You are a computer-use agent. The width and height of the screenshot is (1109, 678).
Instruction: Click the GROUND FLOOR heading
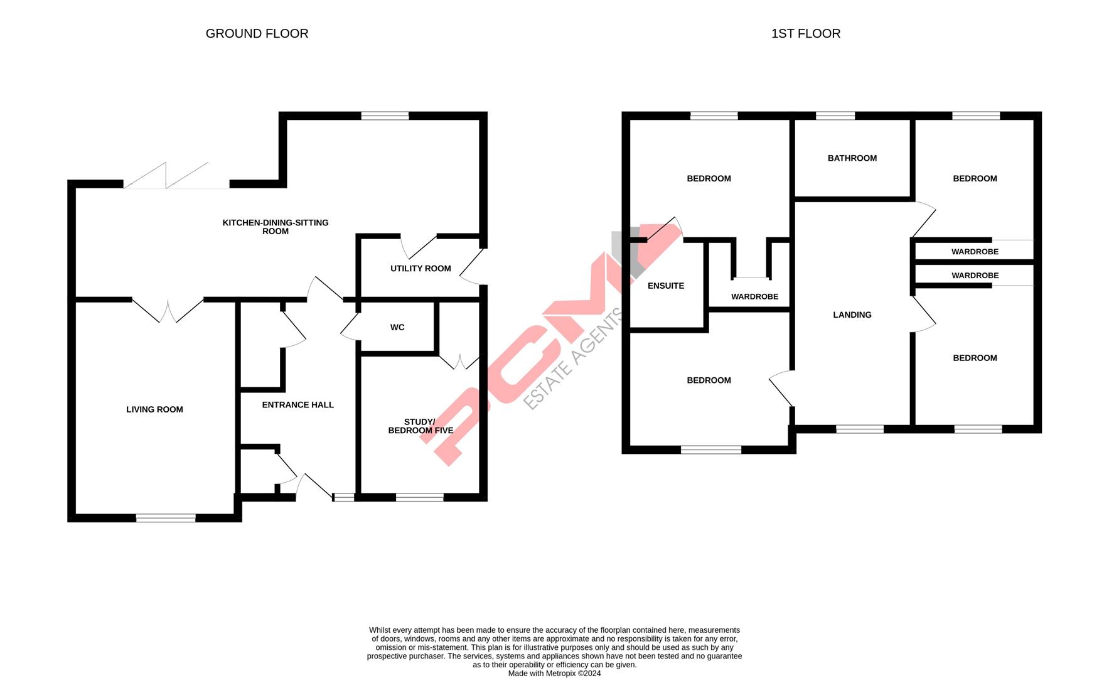[x=257, y=34]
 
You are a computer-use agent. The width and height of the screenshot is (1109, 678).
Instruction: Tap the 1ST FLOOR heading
[x=805, y=34]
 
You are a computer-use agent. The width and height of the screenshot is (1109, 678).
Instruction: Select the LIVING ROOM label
[x=154, y=409]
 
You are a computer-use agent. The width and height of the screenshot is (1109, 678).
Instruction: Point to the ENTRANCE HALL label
[x=297, y=405]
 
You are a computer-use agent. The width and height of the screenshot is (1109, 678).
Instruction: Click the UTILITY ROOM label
[x=421, y=269]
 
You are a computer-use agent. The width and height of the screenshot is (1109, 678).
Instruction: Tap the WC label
[x=397, y=328]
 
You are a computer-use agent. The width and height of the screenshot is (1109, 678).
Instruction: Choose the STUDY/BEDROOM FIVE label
[x=421, y=426]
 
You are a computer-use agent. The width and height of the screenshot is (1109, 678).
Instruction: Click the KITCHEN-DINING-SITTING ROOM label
[x=276, y=227]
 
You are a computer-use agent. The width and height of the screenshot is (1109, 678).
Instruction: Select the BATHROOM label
[x=852, y=158]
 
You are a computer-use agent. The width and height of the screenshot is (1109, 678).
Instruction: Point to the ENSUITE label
[x=666, y=286]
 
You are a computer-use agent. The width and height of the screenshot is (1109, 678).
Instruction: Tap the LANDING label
[x=852, y=315]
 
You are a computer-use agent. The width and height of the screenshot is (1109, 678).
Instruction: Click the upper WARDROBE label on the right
[x=975, y=252]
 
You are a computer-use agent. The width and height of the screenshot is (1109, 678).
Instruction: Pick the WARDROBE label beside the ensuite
[x=754, y=296]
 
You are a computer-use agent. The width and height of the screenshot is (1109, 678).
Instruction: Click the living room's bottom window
[x=166, y=518]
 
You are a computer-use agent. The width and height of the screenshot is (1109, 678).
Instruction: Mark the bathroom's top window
[x=835, y=116]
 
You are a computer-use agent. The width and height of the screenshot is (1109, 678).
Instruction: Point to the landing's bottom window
[x=859, y=429]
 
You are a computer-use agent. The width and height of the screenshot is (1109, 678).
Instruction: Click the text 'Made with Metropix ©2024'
[x=554, y=674]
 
